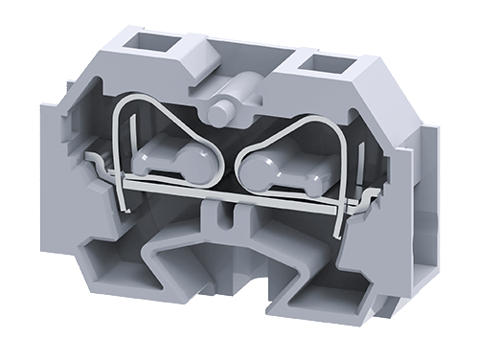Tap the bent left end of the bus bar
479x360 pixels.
[x=92, y=158]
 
